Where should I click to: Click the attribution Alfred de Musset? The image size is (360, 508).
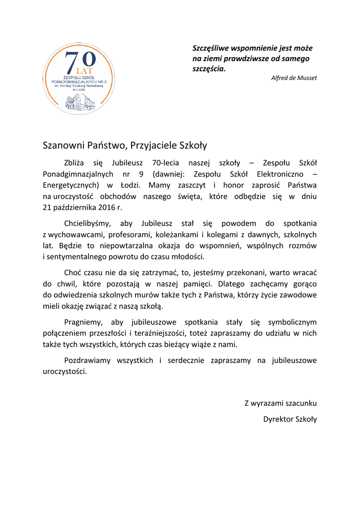(294, 78)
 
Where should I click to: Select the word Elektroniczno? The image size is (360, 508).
(281, 174)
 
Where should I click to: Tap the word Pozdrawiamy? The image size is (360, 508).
(87, 361)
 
